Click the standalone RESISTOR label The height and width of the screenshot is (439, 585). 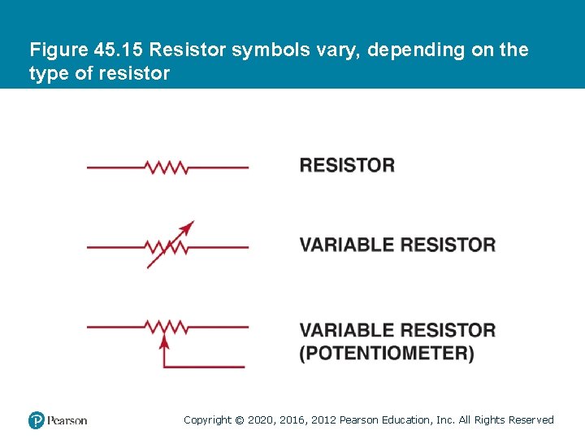[x=347, y=165]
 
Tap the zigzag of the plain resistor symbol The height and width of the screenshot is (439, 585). [x=167, y=167]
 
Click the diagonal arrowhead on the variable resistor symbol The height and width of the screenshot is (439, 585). [x=188, y=227]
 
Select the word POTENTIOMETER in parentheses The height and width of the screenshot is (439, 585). [x=387, y=354]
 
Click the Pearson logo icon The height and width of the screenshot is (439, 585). [x=37, y=420]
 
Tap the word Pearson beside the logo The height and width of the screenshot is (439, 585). [x=67, y=420]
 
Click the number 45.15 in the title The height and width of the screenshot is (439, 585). [x=119, y=50]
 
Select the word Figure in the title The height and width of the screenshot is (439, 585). [x=58, y=50]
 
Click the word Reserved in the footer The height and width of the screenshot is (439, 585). [x=531, y=420]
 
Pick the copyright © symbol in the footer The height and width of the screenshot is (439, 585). [x=239, y=420]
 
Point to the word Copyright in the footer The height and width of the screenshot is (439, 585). [x=207, y=420]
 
